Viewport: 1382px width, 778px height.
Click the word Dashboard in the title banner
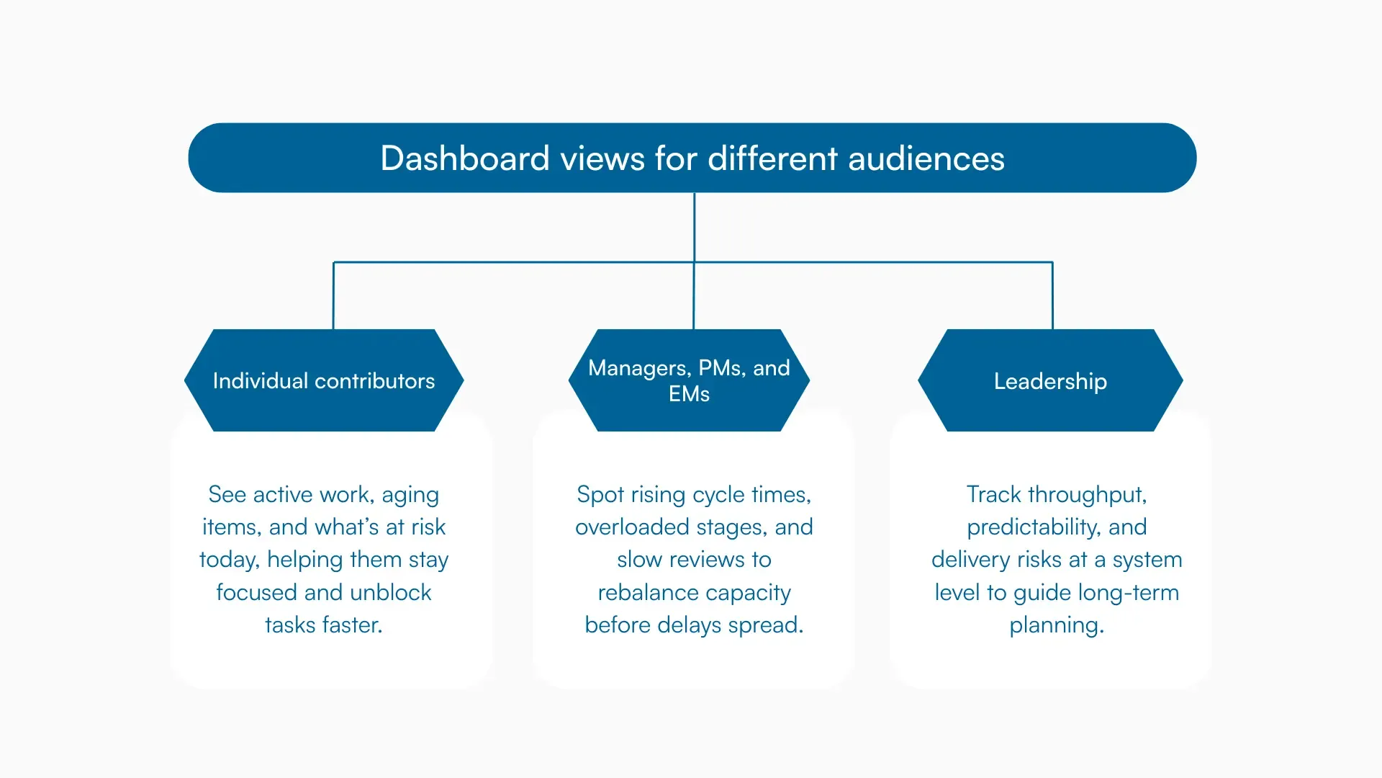tap(464, 158)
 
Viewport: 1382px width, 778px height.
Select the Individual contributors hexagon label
tap(323, 381)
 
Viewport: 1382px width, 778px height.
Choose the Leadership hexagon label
tap(1050, 381)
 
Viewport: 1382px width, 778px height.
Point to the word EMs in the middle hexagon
tap(689, 394)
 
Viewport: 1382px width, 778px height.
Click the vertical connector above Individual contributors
tap(333, 295)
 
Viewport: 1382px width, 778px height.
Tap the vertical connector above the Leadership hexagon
tap(1052, 295)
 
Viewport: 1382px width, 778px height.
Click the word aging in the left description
tap(410, 495)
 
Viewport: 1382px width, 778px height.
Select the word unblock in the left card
tap(390, 593)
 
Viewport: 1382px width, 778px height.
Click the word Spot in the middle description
tap(600, 495)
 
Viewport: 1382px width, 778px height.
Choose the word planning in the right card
tap(1056, 625)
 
